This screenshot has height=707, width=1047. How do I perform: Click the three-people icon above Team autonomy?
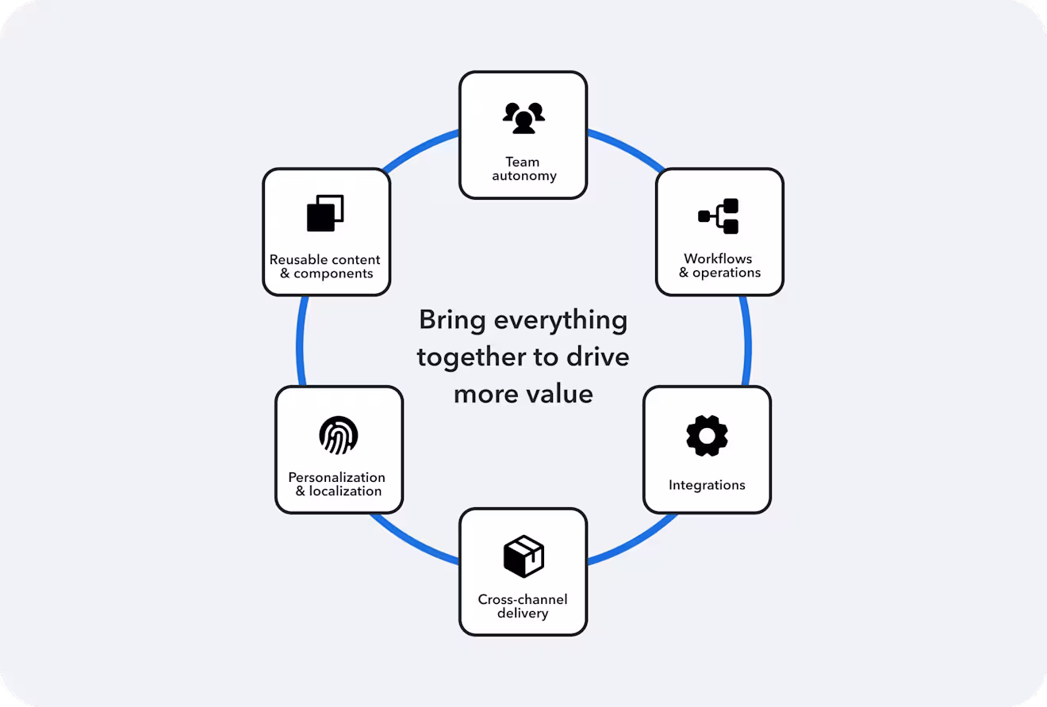click(523, 118)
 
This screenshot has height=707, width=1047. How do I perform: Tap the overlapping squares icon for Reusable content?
click(325, 213)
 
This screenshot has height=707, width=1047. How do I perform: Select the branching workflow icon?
click(719, 216)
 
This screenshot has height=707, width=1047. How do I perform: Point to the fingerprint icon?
click(339, 435)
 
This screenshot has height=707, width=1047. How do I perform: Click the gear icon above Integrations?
click(707, 435)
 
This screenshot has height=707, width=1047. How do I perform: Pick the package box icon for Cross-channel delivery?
click(523, 556)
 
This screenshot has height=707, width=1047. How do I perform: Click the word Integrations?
click(707, 485)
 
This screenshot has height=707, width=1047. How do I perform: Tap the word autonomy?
click(524, 176)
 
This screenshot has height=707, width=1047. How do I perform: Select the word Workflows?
click(718, 258)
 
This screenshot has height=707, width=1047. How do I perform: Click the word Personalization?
click(336, 477)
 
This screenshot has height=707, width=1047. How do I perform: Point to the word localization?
click(345, 491)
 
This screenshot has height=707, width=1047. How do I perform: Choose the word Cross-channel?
click(523, 599)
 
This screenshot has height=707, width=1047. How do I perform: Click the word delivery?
click(523, 613)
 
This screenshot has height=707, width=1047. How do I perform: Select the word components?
click(333, 273)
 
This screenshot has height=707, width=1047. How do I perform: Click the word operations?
click(727, 273)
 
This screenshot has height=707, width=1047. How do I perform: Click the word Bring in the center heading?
click(452, 320)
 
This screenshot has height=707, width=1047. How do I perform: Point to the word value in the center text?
click(559, 394)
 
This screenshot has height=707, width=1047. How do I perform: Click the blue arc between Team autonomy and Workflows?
click(627, 147)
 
